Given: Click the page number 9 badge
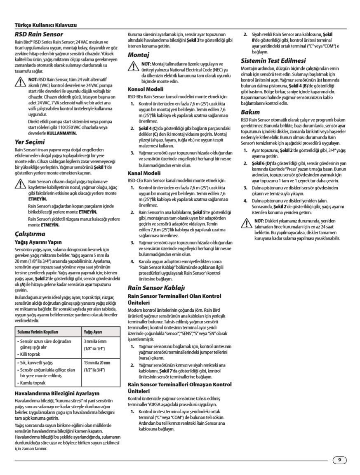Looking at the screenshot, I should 339,460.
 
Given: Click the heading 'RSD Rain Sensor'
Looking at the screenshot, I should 39,34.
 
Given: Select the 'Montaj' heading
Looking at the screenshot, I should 138,54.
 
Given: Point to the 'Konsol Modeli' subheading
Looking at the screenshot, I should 145,89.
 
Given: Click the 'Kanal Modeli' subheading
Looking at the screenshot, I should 144,173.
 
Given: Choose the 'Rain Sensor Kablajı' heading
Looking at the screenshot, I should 156,287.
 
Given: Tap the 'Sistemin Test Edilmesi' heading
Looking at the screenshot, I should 273,61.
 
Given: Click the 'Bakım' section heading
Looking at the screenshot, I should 250,112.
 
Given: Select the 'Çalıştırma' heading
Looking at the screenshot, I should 30,234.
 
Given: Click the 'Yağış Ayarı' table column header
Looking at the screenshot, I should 93,332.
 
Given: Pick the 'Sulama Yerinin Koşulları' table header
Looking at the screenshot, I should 38,332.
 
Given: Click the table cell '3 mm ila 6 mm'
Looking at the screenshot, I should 95,341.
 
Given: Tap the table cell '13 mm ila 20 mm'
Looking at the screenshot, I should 97,362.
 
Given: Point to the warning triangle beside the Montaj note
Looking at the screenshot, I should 133,66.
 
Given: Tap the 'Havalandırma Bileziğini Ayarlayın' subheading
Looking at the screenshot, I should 57,393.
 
